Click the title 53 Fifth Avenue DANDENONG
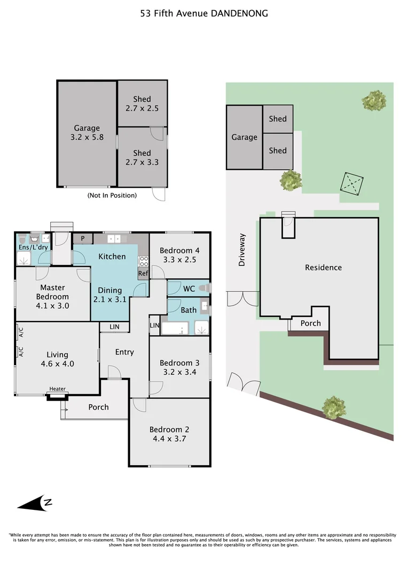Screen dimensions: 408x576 click(204, 13)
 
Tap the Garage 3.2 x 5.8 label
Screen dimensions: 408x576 click(87, 133)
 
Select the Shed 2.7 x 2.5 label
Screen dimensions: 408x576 click(142, 103)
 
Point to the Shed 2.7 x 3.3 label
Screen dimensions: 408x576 click(142, 157)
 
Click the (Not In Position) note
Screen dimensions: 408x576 click(112, 195)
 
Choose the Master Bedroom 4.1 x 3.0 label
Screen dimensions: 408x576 click(53, 297)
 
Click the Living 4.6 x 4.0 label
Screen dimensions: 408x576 click(57, 359)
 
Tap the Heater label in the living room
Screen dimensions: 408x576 click(57, 389)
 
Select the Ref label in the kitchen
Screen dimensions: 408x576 click(143, 273)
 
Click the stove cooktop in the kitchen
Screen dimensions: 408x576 click(144, 261)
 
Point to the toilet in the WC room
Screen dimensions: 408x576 click(203, 289)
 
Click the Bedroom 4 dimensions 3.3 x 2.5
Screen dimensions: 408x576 click(179, 260)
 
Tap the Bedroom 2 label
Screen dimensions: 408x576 click(169, 429)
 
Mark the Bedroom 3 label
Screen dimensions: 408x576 click(179, 363)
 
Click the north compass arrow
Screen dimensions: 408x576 click(35, 503)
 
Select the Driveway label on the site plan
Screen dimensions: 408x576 click(242, 250)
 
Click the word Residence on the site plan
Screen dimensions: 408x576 click(324, 267)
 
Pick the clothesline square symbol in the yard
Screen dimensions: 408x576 click(352, 183)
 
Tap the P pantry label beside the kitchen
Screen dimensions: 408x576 click(83, 238)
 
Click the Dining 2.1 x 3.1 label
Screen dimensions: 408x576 click(109, 295)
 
